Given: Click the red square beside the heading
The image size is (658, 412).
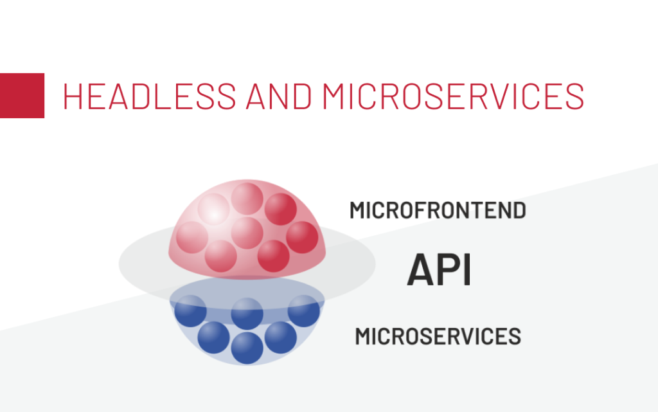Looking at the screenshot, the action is coord(22,96).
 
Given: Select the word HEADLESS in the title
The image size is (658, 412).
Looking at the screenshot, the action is coord(150,96).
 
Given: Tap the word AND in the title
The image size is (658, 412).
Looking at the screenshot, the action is coord(279,96).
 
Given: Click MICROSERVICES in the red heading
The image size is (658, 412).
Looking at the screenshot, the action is coord(453,96).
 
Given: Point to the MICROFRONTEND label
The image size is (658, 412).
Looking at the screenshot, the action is coord(438,210).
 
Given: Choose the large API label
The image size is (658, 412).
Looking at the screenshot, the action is coord(439,270).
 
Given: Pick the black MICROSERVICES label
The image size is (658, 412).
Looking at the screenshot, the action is coord(438,337).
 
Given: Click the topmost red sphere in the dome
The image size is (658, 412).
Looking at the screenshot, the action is coord(247,199).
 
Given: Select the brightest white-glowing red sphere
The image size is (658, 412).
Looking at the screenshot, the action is coord(213,209).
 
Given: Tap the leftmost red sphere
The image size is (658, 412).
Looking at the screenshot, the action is coord(192,237).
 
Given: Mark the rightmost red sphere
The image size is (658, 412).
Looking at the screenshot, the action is coord(302,237).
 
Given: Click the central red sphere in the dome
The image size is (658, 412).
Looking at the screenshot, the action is coord(247,233).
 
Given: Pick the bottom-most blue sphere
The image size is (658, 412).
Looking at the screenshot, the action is coord(247,348).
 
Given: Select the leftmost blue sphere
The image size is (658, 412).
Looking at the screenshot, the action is coord(190,311).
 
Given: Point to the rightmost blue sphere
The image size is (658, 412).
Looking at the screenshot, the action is coord(304,311).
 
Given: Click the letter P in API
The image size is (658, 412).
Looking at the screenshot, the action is coord(450,270).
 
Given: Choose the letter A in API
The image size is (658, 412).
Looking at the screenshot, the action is coord(422,270).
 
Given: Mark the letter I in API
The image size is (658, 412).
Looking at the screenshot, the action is coord(468,270).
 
